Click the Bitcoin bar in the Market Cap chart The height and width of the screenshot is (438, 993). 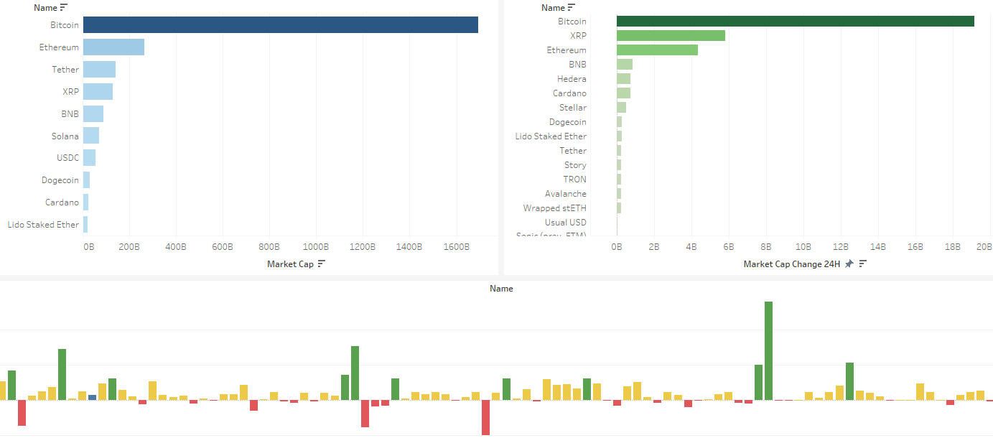[x=280, y=24]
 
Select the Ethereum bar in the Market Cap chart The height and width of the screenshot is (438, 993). [x=113, y=47]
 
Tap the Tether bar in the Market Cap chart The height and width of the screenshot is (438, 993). [x=99, y=70]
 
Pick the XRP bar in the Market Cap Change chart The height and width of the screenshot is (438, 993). [x=671, y=36]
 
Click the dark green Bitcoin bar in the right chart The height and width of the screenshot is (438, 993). [x=795, y=22]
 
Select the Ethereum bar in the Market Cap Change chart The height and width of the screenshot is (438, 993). [x=657, y=50]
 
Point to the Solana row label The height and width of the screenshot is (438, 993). [x=65, y=136]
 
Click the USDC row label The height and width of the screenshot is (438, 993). [x=67, y=158]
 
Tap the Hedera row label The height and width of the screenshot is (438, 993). [x=572, y=79]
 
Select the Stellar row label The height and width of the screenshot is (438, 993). [x=572, y=108]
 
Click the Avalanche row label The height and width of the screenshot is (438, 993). [x=565, y=194]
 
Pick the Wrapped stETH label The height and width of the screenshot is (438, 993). [x=554, y=208]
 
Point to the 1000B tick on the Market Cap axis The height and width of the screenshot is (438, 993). [x=316, y=247]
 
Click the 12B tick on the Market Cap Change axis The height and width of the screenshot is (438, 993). [x=841, y=247]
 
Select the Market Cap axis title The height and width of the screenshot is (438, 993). [x=290, y=264]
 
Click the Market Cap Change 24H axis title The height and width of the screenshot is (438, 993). [x=791, y=264]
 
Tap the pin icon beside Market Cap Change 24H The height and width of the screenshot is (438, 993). [x=849, y=264]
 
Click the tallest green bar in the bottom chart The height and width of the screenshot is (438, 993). [x=768, y=350]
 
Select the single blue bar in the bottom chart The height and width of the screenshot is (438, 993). [x=92, y=398]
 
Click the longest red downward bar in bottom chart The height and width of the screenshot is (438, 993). [x=485, y=417]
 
